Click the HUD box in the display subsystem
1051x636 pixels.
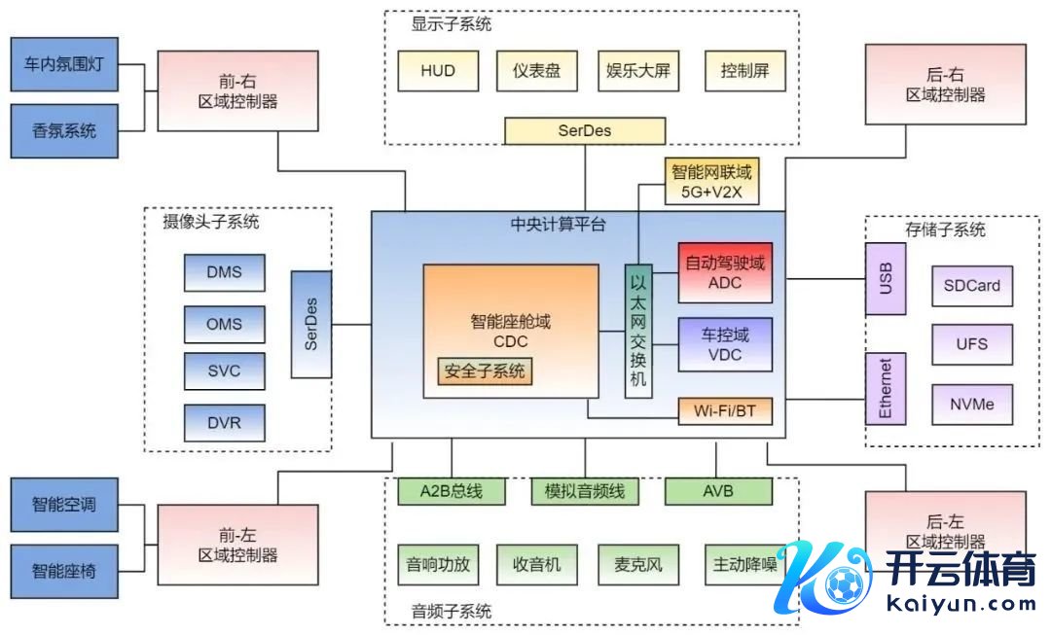[x=438, y=71]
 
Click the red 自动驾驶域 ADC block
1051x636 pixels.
[x=724, y=272]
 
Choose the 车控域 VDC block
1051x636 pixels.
[x=724, y=344]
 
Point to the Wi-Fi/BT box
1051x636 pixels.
[x=724, y=411]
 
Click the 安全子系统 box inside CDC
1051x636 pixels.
[x=485, y=371]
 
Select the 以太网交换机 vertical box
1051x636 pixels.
[x=637, y=331]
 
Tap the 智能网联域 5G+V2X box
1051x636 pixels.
[x=711, y=181]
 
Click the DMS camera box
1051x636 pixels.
[x=224, y=272]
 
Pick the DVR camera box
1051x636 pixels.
[x=224, y=423]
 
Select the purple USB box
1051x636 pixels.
[x=886, y=279]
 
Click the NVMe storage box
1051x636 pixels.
[x=971, y=405]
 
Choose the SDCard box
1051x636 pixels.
[x=971, y=286]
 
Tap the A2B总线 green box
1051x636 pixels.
[x=452, y=492]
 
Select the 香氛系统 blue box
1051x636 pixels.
[x=64, y=131]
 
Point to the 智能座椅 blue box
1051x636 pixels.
[x=64, y=572]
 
